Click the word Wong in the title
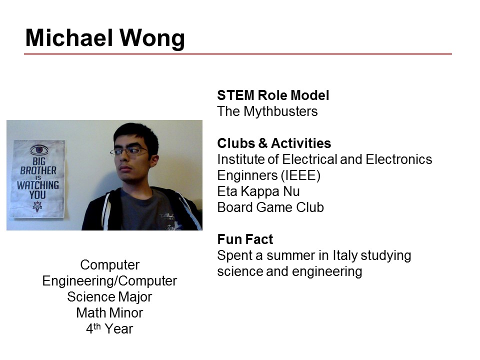(152, 38)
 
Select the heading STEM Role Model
(273, 95)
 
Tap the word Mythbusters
(280, 111)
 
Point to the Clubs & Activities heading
(274, 143)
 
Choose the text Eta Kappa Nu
(258, 191)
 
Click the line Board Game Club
(270, 207)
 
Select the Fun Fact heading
(245, 239)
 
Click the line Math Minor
(109, 313)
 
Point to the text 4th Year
(109, 329)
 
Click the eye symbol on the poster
(39, 150)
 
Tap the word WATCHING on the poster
(38, 185)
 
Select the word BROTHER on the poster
(38, 170)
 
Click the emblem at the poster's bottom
(37, 206)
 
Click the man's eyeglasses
(129, 151)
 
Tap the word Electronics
(399, 159)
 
